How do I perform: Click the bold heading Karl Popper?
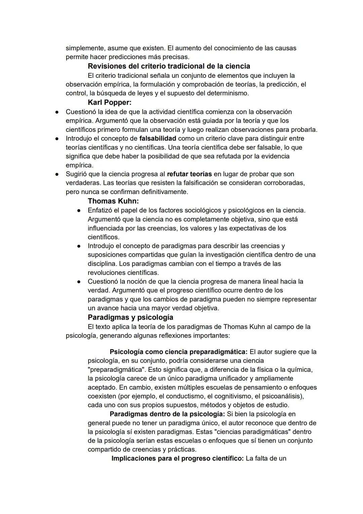[110, 102]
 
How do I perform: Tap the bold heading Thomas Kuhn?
[113, 201]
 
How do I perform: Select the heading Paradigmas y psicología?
[130, 317]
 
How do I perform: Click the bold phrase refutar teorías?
[189, 174]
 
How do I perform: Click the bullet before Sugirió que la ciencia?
[57, 174]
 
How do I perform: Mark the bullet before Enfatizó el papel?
[78, 211]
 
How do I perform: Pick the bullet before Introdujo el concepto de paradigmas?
[78, 246]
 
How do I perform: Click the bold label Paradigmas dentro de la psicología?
[167, 414]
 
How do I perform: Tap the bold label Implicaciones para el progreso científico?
[177, 458]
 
